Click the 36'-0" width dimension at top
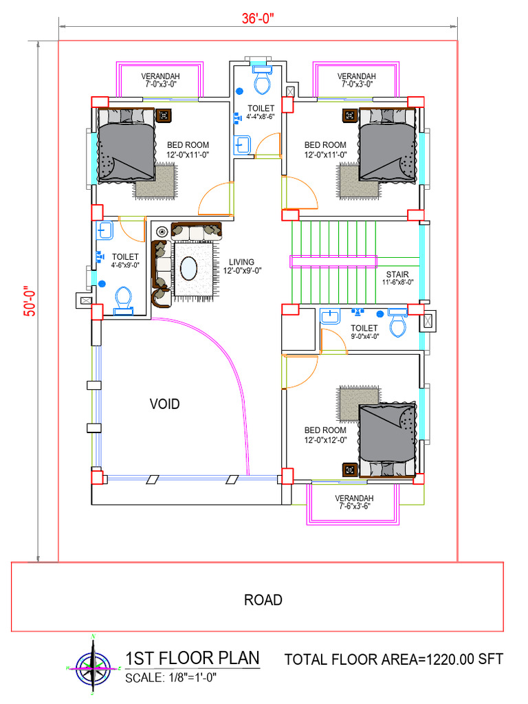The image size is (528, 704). coord(258,19)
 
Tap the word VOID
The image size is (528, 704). coord(165,404)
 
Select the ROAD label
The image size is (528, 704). coord(263,599)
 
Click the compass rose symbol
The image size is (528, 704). coord(93,667)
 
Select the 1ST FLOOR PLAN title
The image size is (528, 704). coord(192,659)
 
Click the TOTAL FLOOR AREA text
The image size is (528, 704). coord(394,660)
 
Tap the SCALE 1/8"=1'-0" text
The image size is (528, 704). coord(171,678)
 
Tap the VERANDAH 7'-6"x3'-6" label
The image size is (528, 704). coord(354,502)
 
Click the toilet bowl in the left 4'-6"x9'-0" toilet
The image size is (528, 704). coord(123,299)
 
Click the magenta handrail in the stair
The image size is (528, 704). coord(333,261)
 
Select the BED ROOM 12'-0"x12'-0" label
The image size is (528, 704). coord(325,435)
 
